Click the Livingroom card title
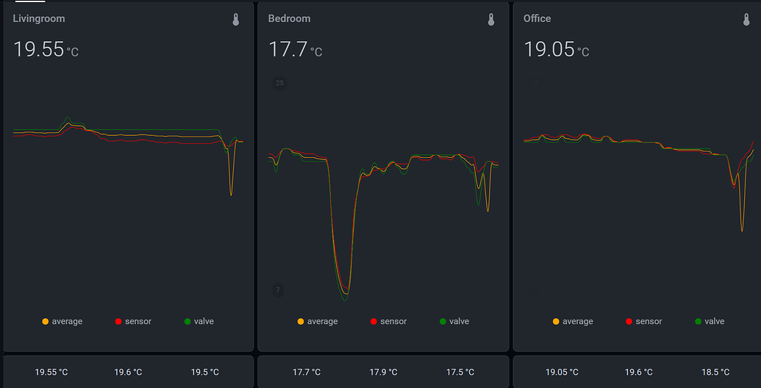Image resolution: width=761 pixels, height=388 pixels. coord(38,19)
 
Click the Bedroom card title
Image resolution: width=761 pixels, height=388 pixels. coord(289,19)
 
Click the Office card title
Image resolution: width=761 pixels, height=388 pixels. coord(537,19)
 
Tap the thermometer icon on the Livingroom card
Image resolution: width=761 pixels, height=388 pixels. coord(235,20)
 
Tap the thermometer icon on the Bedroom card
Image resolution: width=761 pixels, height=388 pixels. coord(491,20)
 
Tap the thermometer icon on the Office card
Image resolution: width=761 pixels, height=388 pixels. coord(746,20)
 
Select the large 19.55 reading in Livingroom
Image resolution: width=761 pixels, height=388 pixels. coord(39,50)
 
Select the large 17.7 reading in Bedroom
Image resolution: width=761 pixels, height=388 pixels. coord(287,50)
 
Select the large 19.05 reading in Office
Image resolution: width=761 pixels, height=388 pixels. coord(549,50)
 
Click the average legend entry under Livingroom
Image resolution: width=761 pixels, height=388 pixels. coord(67,321)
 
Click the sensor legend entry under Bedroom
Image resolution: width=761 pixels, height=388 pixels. coord(393,321)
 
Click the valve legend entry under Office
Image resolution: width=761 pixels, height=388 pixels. coord(714,321)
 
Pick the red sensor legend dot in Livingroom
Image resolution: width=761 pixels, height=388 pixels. coord(118,322)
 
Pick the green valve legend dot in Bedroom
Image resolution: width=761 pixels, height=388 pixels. coord(443,322)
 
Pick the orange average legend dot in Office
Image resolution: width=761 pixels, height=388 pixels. coord(556,322)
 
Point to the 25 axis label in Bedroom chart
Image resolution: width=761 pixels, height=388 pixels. coord(279,83)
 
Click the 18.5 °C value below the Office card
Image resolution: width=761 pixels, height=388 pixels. coord(715,373)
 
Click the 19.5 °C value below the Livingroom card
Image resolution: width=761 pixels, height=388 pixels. coord(204,373)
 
